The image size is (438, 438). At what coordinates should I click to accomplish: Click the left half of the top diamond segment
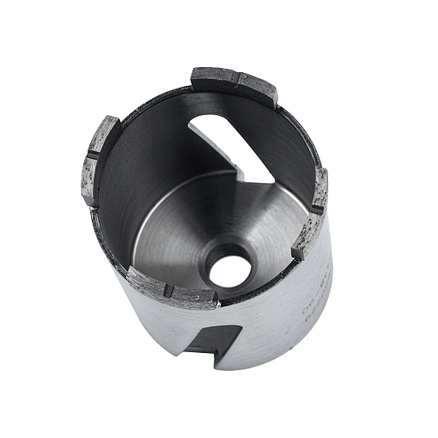[x=214, y=80]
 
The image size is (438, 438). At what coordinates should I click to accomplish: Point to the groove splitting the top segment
[x=237, y=82]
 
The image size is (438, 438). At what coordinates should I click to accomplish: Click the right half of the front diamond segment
[x=194, y=297]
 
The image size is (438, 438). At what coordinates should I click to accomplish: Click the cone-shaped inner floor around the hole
[x=185, y=236]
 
